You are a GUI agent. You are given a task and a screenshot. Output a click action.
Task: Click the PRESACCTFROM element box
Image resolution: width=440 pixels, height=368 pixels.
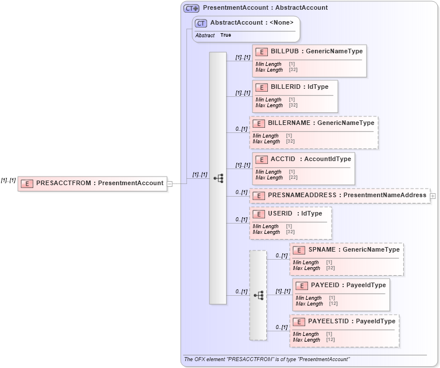click(92, 183)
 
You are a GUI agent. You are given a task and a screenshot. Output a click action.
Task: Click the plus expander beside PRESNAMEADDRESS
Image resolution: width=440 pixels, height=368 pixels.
click(433, 195)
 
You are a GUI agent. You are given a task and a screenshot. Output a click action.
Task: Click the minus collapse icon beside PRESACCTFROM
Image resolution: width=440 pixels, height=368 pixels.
click(170, 183)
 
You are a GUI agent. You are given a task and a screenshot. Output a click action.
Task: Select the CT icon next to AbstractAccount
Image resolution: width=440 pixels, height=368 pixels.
click(201, 23)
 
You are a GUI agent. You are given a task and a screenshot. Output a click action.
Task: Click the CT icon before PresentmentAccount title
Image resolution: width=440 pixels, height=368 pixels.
click(191, 8)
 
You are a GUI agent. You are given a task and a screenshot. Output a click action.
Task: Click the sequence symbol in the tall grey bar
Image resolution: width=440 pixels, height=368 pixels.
click(218, 178)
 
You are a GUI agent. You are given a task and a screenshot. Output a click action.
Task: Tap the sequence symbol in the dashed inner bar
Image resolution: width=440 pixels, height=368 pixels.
click(258, 295)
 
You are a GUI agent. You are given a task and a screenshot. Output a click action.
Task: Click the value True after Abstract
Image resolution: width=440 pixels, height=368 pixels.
click(226, 35)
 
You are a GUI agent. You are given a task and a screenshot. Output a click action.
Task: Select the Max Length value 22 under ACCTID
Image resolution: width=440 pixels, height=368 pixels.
click(293, 178)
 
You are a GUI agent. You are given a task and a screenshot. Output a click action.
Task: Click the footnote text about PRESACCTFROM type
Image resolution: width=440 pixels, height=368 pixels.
click(267, 359)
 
